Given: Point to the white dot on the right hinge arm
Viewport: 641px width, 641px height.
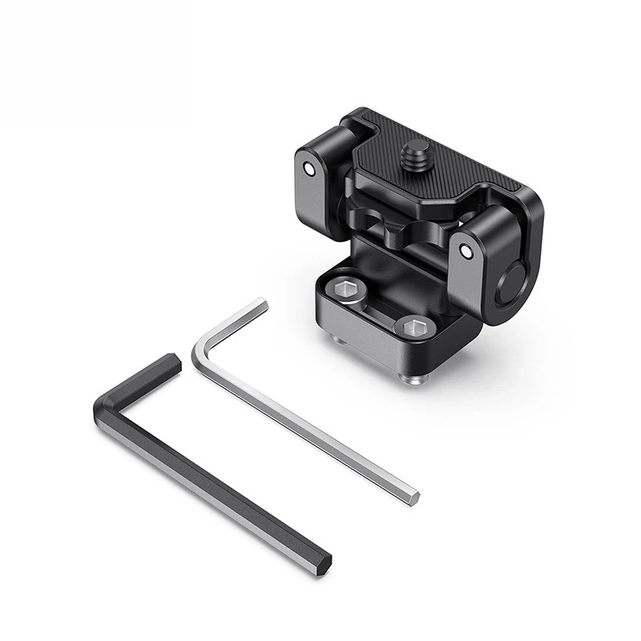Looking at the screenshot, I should pyautogui.click(x=466, y=252).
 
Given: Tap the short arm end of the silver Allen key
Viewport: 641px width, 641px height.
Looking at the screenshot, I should pyautogui.click(x=260, y=304).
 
